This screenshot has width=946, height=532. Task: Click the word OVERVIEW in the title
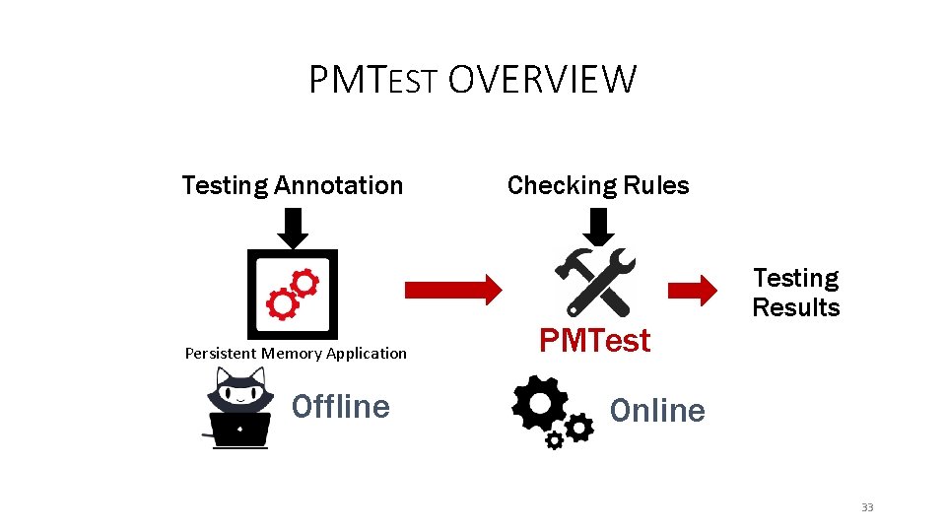point(542,80)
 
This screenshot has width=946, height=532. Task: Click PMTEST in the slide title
point(372,80)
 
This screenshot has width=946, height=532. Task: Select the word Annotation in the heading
point(339,185)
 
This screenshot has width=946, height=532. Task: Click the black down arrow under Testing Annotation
point(293,229)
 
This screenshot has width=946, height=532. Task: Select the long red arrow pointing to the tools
point(452,289)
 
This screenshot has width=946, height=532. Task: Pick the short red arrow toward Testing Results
point(693,290)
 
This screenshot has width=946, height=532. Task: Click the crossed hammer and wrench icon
point(596,282)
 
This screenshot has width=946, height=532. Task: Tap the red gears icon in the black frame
point(292,294)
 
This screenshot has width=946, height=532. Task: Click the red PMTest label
point(594,341)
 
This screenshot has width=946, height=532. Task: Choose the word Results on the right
point(795,308)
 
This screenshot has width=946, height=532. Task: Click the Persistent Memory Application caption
point(296,353)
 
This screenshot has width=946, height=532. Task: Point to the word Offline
point(341,406)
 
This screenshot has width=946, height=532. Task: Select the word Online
point(657,410)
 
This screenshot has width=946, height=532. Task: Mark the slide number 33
point(867,507)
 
